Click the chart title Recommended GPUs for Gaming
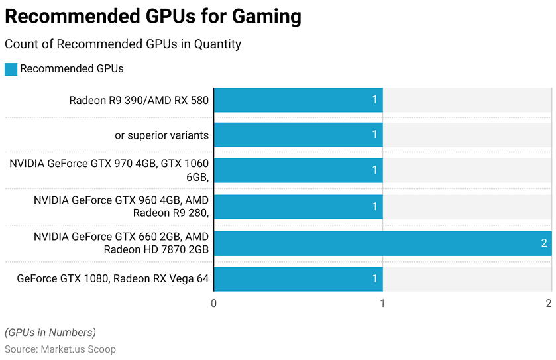pyautogui.click(x=153, y=16)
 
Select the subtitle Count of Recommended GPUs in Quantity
pyautogui.click(x=123, y=44)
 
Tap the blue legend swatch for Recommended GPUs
pyautogui.click(x=11, y=69)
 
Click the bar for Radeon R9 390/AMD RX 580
pyautogui.click(x=298, y=100)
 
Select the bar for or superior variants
pyautogui.click(x=298, y=135)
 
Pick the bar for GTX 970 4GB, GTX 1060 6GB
pyautogui.click(x=298, y=170)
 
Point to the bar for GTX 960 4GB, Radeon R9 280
pyautogui.click(x=298, y=206)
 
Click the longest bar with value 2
pyautogui.click(x=382, y=243)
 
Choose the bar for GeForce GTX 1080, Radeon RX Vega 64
pyautogui.click(x=298, y=279)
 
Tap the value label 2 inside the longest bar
pyautogui.click(x=544, y=243)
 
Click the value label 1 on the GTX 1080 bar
pyautogui.click(x=374, y=279)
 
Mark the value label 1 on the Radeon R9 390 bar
pyautogui.click(x=374, y=100)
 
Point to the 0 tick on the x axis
pyautogui.click(x=213, y=303)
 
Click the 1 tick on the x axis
pyautogui.click(x=382, y=303)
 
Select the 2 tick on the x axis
pyautogui.click(x=549, y=303)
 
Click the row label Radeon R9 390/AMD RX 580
pyautogui.click(x=139, y=101)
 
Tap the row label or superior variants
pyautogui.click(x=162, y=135)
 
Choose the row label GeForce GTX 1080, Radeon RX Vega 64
pyautogui.click(x=113, y=279)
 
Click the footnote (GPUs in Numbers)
pyautogui.click(x=50, y=333)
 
